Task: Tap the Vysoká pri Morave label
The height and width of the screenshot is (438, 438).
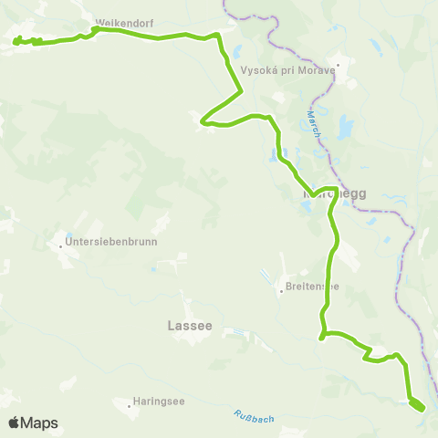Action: click(x=287, y=69)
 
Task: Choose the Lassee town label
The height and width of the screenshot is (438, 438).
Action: click(x=190, y=324)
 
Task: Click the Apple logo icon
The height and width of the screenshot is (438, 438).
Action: click(x=15, y=422)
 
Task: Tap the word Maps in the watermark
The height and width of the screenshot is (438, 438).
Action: click(x=40, y=422)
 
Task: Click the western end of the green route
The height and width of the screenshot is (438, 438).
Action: click(x=15, y=39)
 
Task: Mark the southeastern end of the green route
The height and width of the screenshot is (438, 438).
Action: click(x=422, y=408)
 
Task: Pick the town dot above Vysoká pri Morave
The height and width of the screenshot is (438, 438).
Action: click(x=338, y=65)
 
